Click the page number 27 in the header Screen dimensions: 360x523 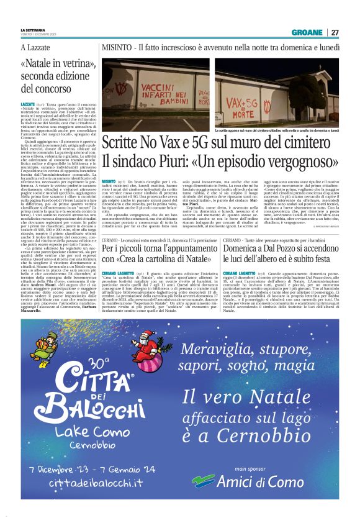335,32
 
